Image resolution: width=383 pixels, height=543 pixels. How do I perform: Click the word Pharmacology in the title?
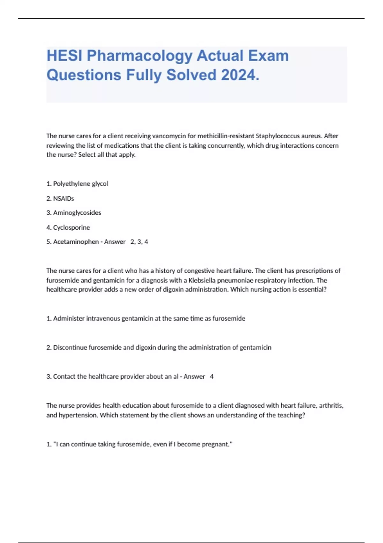(139, 56)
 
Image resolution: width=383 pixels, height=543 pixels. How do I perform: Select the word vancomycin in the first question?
(169, 136)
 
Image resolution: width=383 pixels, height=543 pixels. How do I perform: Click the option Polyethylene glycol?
(80, 184)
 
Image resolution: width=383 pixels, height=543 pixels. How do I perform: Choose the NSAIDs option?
(64, 198)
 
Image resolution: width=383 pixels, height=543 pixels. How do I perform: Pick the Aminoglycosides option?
(77, 213)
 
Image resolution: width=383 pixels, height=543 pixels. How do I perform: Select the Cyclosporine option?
(71, 227)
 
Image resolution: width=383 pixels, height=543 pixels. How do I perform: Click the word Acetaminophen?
(76, 242)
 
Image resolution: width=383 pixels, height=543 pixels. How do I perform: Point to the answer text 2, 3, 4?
(139, 242)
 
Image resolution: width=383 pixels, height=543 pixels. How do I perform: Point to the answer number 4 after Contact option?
(212, 377)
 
